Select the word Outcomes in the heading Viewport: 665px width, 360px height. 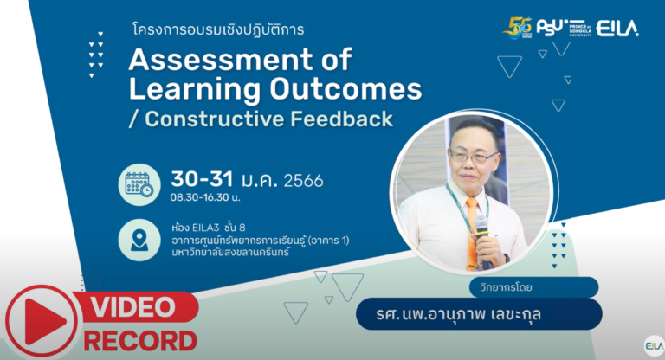click(x=345, y=89)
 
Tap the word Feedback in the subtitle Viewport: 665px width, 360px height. click(x=342, y=119)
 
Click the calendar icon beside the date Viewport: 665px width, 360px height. click(x=139, y=185)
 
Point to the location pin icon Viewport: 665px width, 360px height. click(x=139, y=240)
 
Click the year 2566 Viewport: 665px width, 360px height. click(x=303, y=181)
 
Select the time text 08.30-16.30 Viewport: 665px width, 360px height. click(x=200, y=197)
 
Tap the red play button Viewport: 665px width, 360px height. click(x=42, y=321)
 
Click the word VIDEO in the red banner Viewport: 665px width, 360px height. click(x=132, y=307)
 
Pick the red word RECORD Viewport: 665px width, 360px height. click(x=140, y=341)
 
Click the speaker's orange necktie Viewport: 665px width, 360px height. click(x=472, y=231)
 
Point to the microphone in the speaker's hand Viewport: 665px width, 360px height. click(x=482, y=239)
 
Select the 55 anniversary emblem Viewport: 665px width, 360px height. click(x=518, y=28)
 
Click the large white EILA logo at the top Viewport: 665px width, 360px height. click(x=617, y=29)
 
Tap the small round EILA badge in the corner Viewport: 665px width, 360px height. click(x=654, y=346)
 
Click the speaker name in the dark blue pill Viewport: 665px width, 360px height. click(x=458, y=314)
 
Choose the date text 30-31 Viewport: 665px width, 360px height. click(x=202, y=179)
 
